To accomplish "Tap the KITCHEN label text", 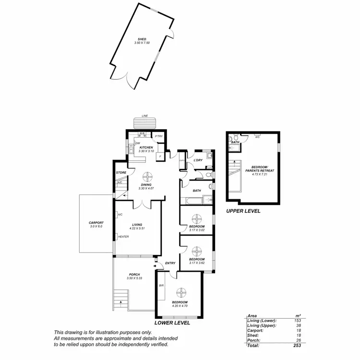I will pyautogui.click(x=146, y=147).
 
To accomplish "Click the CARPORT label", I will pyautogui.click(x=96, y=222).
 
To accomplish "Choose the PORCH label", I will pyautogui.click(x=133, y=275).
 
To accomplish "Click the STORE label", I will pyautogui.click(x=120, y=173).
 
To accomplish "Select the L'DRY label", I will pyautogui.click(x=197, y=160).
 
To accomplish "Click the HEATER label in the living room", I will pyautogui.click(x=123, y=237).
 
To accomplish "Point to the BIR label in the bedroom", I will pyautogui.click(x=161, y=285).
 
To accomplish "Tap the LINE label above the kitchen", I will pyautogui.click(x=144, y=116).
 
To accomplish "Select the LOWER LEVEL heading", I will pyautogui.click(x=172, y=323).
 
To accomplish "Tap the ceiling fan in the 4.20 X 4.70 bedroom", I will pyautogui.click(x=182, y=292).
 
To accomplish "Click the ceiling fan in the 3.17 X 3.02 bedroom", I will pyautogui.click(x=197, y=217).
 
